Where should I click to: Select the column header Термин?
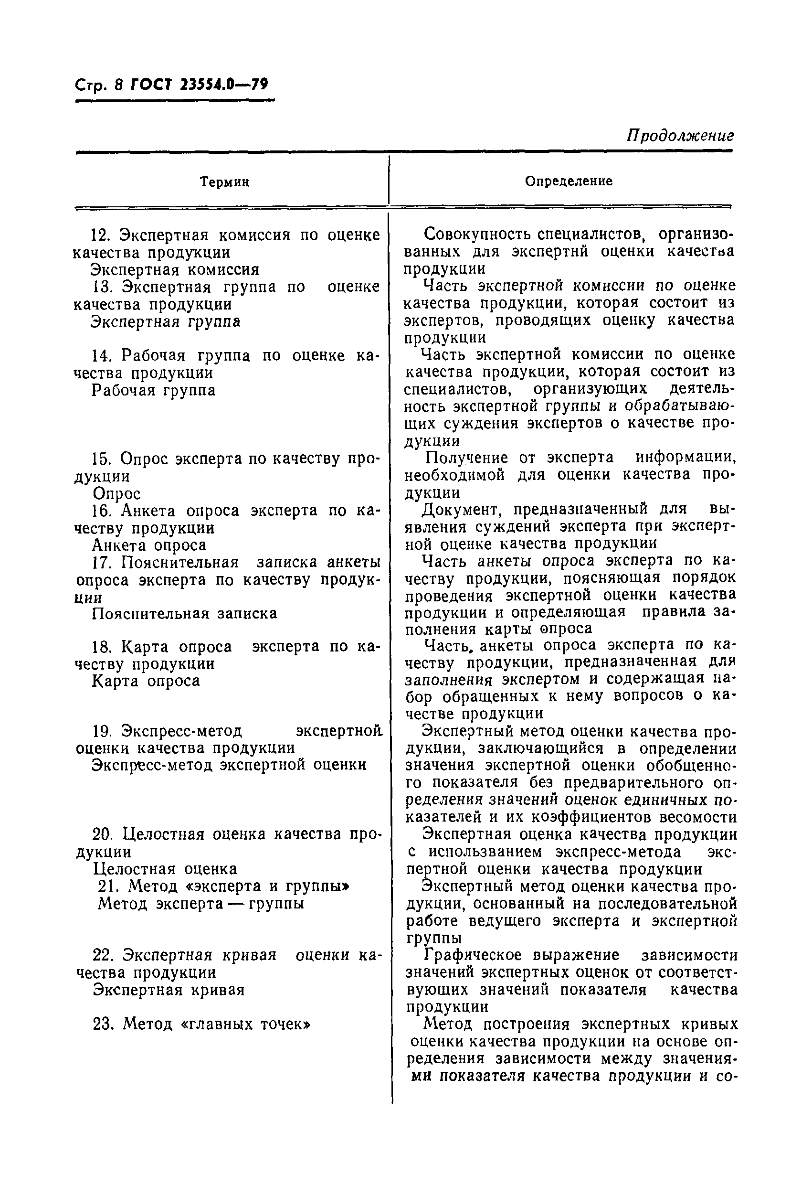click(x=224, y=182)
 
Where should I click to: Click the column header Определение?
click(x=569, y=181)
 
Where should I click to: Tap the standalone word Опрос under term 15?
click(x=117, y=493)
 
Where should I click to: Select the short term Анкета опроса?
click(x=149, y=545)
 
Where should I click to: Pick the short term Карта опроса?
click(x=146, y=681)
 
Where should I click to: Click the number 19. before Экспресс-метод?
click(x=102, y=731)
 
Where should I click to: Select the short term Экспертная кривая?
click(x=169, y=990)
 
